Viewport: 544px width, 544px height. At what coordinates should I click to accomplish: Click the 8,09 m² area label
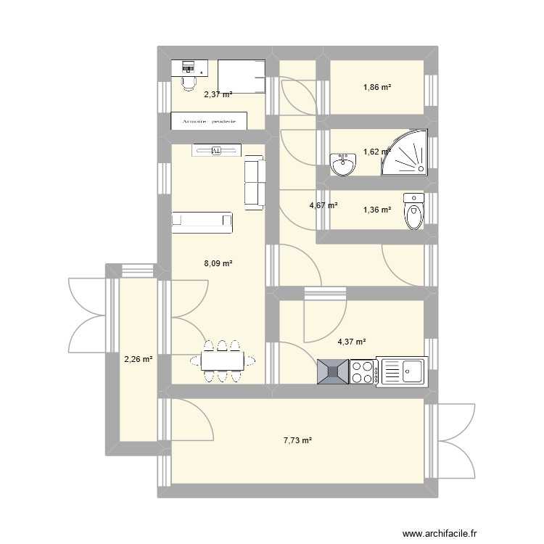click(218, 264)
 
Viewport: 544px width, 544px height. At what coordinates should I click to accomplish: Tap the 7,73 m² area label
click(297, 440)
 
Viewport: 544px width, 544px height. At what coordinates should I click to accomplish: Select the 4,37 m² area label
click(352, 342)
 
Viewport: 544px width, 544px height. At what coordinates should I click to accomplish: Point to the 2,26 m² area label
click(138, 359)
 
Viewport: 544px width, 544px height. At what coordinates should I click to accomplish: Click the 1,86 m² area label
click(377, 88)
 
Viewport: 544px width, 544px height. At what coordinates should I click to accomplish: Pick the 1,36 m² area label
click(377, 210)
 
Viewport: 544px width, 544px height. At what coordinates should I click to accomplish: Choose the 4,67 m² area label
click(323, 205)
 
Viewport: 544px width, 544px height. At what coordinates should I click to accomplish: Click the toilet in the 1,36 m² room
click(413, 211)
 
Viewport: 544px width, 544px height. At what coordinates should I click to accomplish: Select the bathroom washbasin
click(342, 165)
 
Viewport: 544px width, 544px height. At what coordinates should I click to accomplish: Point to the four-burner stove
click(362, 371)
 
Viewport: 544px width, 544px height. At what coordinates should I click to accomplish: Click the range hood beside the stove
click(333, 371)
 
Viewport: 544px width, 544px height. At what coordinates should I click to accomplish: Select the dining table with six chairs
click(223, 360)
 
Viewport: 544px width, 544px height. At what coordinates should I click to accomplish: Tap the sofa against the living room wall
click(255, 182)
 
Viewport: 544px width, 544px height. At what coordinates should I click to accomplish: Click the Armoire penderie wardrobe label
click(209, 121)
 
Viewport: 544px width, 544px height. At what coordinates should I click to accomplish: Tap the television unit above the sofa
click(215, 150)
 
